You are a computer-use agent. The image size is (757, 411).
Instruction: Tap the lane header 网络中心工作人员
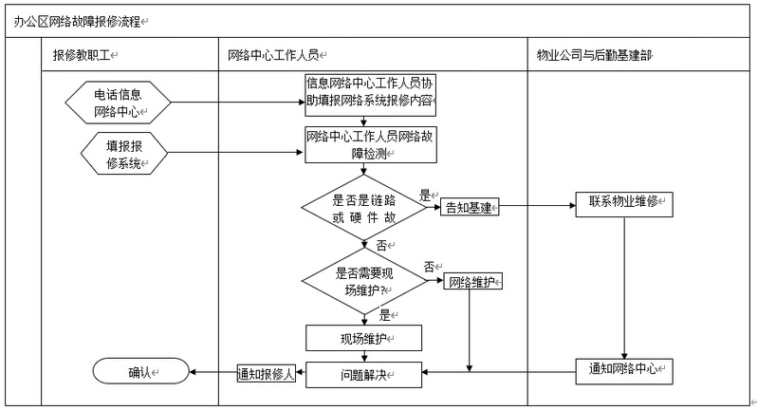coord(277,55)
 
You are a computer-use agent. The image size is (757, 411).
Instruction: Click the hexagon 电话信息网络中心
coord(118,103)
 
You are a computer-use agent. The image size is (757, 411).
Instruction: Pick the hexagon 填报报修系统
coord(124,155)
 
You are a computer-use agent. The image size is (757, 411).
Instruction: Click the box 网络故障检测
coord(373,144)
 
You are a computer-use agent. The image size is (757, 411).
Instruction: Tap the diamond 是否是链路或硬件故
coord(364,209)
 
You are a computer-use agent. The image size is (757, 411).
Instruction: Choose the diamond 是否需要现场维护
coord(364,280)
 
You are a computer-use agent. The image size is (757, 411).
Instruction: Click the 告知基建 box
coord(470,208)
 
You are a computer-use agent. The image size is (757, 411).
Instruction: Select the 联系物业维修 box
coord(624,204)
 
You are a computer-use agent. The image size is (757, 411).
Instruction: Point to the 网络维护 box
coord(471,281)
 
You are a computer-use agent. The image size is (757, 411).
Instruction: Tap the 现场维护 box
coord(363,338)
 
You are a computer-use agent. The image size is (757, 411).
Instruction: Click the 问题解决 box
coord(363,375)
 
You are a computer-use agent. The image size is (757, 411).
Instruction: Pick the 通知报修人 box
coord(267,374)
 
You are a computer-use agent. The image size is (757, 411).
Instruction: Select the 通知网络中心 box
coord(624,371)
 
